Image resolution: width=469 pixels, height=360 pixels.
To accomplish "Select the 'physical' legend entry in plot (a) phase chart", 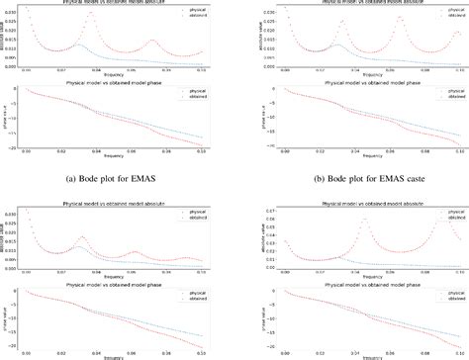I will [x=193, y=93].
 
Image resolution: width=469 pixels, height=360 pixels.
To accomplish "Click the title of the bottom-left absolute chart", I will [x=116, y=202].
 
